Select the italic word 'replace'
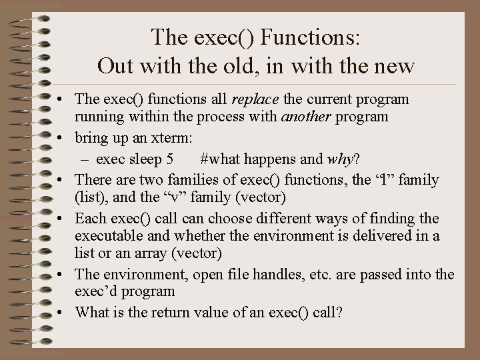coord(256,100)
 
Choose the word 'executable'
coord(109,237)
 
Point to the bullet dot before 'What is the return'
coord(60,311)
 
